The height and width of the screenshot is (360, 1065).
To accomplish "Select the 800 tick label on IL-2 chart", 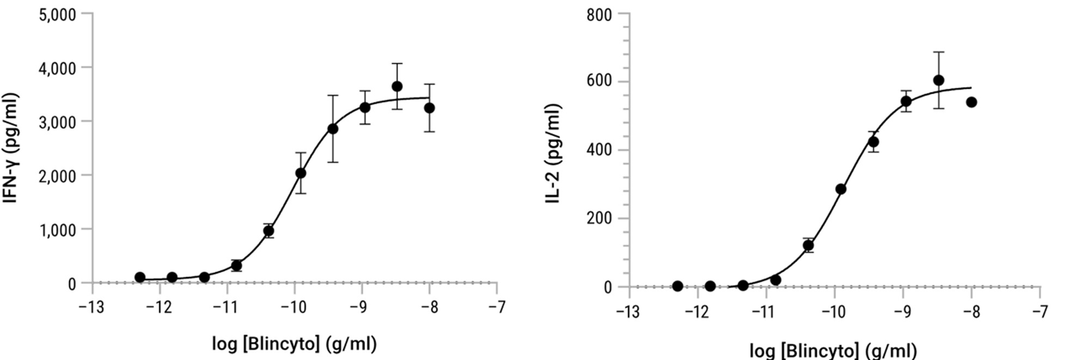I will [x=599, y=15].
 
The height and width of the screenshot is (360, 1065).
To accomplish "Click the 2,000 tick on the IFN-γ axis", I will [x=57, y=175].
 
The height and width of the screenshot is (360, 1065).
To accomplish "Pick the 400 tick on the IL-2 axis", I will [x=599, y=150].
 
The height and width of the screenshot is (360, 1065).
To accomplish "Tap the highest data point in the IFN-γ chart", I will [x=397, y=87].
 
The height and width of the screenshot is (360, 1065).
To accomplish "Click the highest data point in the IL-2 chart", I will [x=939, y=80].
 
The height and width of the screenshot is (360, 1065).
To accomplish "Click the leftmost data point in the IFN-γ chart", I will [x=139, y=277].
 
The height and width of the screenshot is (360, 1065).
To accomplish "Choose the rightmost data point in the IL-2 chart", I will [x=971, y=102].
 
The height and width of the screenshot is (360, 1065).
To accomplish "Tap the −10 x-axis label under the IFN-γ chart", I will [x=294, y=308].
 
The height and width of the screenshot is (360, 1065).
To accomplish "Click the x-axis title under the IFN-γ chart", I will [x=294, y=344].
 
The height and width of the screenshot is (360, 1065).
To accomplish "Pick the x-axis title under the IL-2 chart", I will [x=833, y=350].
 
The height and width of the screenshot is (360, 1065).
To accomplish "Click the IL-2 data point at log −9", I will [x=906, y=101].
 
